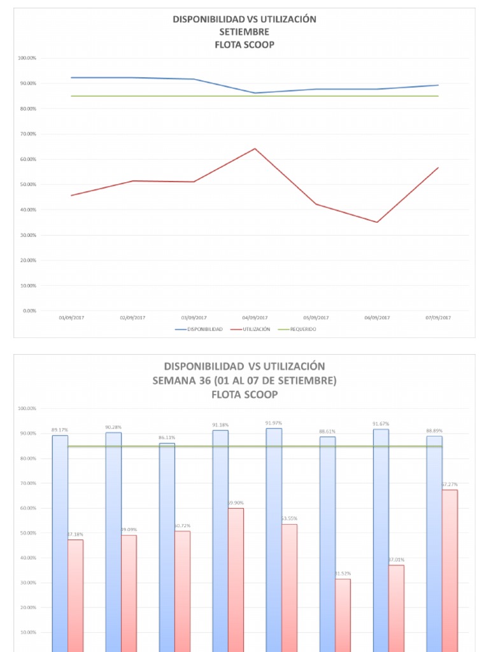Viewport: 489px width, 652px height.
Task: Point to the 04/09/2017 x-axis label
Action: pos(255,317)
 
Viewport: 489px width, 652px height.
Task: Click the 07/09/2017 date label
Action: pos(438,317)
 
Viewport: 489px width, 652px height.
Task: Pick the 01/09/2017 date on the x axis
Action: pos(71,317)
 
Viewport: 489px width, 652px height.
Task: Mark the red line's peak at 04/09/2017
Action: pos(255,149)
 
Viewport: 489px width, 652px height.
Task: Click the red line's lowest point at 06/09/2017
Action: pos(377,222)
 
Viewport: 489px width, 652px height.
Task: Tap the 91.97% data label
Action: pos(274,423)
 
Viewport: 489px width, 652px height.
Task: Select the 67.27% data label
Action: pos(450,485)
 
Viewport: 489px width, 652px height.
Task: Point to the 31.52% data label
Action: pos(343,574)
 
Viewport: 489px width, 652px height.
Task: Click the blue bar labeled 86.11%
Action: pos(167,541)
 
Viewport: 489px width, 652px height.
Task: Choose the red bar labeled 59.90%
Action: pos(236,573)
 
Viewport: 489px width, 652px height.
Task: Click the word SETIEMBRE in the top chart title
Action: pos(244,32)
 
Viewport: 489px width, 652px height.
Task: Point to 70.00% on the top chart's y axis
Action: pos(27,134)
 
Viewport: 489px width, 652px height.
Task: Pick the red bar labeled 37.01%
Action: pos(396,605)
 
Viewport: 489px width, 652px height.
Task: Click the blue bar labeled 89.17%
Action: pos(60,541)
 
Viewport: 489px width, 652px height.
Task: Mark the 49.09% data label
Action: pos(129,530)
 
